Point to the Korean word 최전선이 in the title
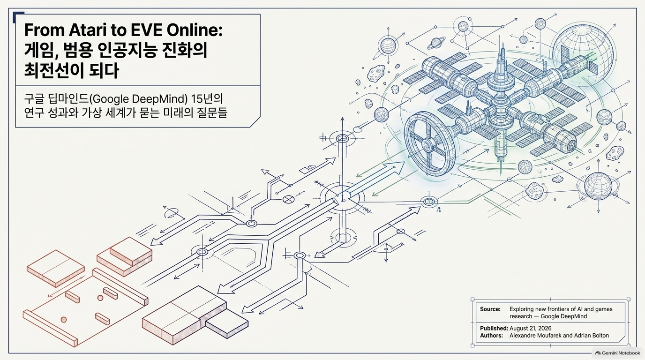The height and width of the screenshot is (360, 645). point(54,70)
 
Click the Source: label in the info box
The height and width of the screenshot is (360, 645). point(490,309)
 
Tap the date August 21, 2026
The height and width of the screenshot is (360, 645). point(531,328)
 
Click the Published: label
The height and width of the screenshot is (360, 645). point(494,328)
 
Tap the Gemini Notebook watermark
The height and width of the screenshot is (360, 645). point(618,353)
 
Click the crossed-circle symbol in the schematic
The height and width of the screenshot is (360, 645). point(287,199)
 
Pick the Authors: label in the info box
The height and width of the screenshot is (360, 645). point(491,336)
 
